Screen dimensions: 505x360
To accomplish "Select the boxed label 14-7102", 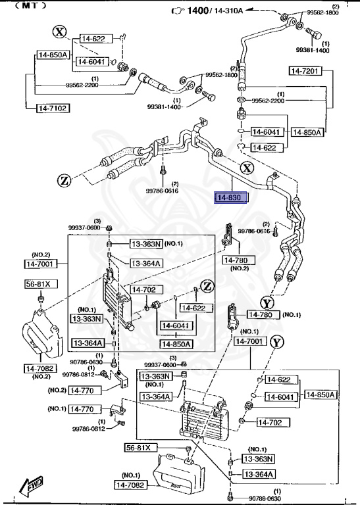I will click(x=53, y=108).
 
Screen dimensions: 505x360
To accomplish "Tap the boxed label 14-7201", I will click(x=305, y=70).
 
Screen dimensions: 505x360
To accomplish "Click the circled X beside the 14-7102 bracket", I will click(x=60, y=32).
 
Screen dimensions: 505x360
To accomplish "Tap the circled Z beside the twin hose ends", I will click(x=64, y=180).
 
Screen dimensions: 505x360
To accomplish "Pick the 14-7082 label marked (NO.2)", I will click(x=41, y=368).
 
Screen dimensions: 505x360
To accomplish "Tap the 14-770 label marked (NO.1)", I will click(x=83, y=409).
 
